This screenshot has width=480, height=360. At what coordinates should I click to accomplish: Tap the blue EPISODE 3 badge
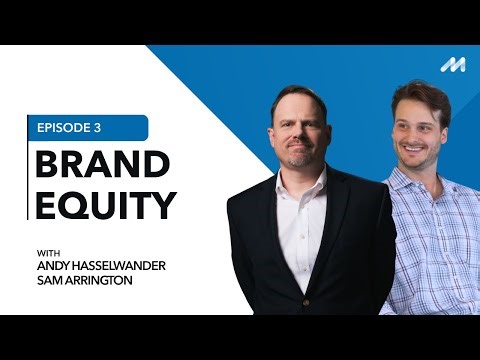(x=88, y=128)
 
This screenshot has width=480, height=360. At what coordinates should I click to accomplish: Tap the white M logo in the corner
(x=452, y=64)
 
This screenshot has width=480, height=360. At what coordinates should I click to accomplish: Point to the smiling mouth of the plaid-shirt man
(x=414, y=149)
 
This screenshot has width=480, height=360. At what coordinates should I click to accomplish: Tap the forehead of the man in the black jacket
(x=300, y=108)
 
